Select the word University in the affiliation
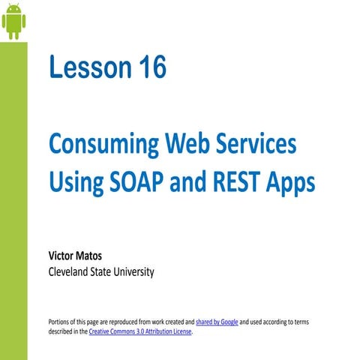(132, 271)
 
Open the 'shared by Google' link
(217, 322)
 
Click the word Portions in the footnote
(61, 322)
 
